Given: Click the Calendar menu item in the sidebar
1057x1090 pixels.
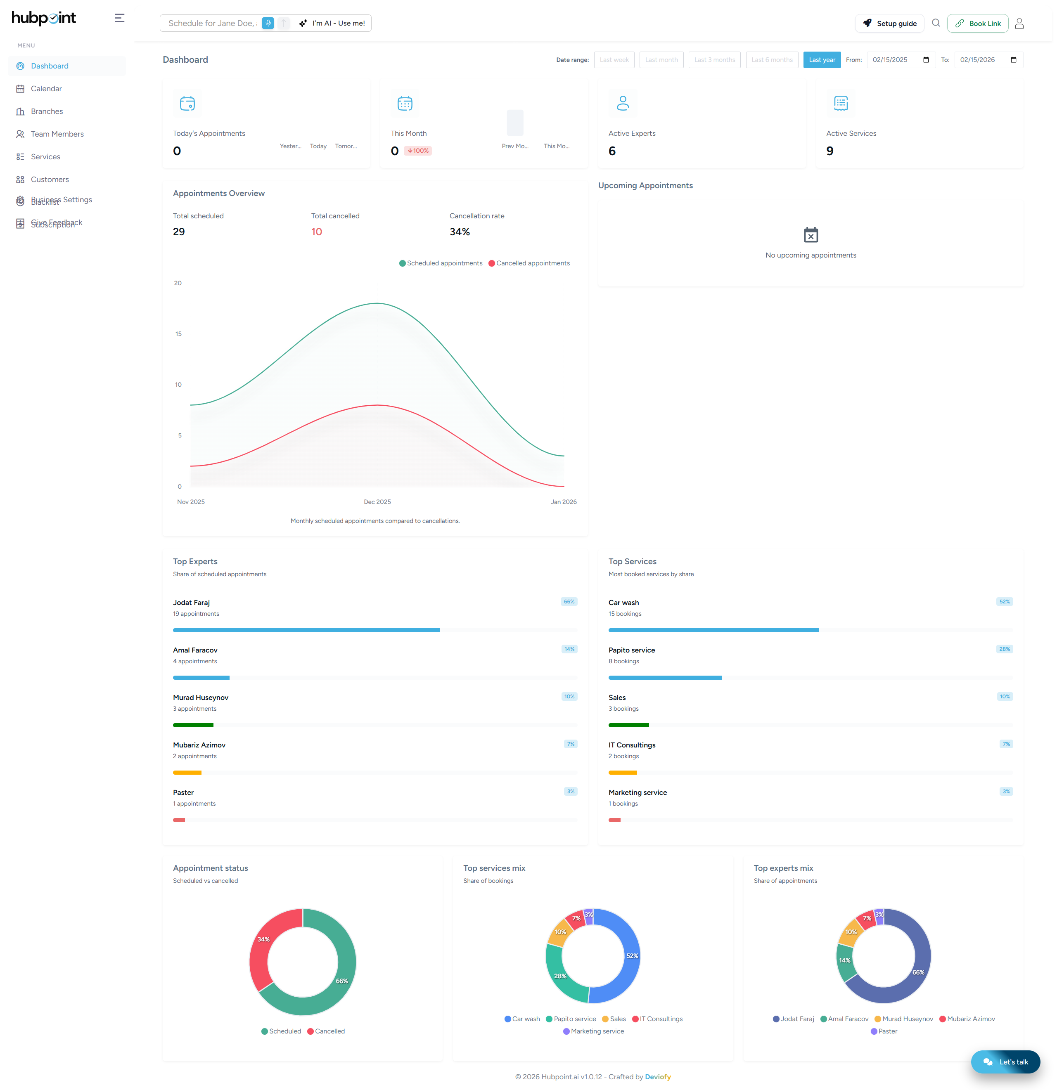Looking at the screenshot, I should tap(46, 88).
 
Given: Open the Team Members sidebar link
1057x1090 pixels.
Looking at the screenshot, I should tap(57, 134).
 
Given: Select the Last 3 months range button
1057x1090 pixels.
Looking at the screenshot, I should tap(714, 59).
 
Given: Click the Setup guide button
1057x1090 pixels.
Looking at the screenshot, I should tap(889, 24).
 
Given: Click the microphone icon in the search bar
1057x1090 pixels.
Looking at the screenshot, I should tap(268, 23).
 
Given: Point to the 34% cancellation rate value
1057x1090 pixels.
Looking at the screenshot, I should tap(460, 232).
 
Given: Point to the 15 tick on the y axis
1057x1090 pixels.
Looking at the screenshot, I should tap(178, 333).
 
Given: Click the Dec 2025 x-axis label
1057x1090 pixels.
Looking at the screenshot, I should tap(377, 501).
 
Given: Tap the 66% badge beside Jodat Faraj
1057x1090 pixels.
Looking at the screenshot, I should tap(569, 602).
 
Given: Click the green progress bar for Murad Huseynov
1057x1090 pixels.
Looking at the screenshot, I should tap(193, 725).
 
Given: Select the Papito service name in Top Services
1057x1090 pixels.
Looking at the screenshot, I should tap(631, 650).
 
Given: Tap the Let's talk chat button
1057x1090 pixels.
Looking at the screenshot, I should tap(1005, 1062).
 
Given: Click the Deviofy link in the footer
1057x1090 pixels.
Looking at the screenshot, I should tap(658, 1077).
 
